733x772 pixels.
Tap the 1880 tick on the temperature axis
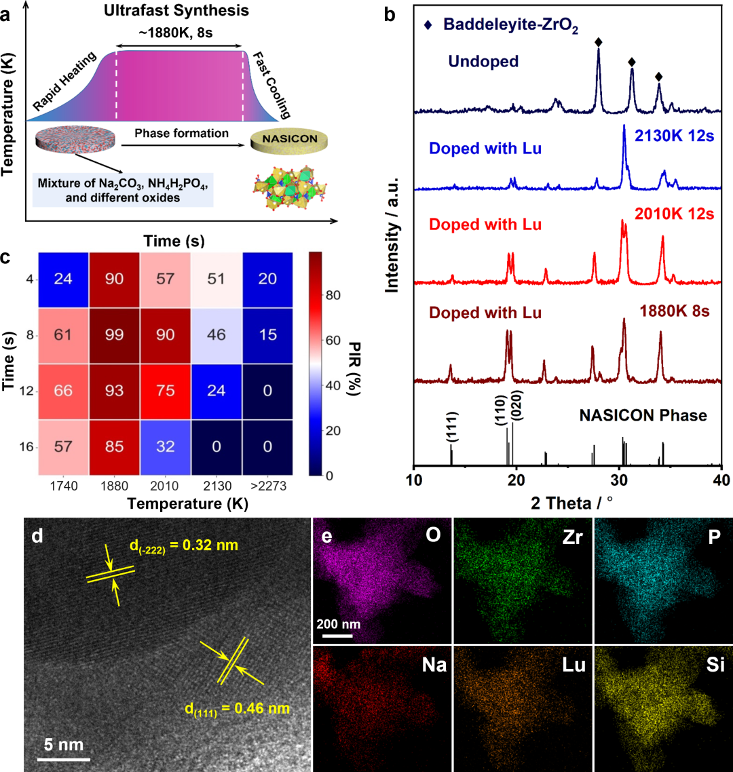click(115, 487)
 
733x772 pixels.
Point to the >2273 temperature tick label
click(267, 487)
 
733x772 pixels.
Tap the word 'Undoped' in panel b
click(483, 62)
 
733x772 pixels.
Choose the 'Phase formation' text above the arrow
click(181, 133)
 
